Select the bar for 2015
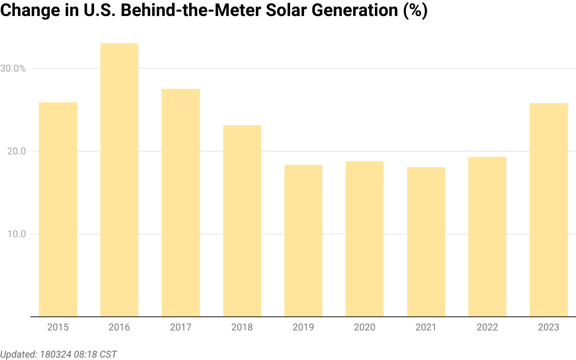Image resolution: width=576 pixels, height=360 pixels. coord(58,210)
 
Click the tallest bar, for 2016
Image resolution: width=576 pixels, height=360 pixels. coord(119,180)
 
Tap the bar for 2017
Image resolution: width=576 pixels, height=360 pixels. coord(181,203)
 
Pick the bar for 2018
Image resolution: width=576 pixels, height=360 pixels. coord(242,221)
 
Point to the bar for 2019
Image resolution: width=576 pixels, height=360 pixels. coord(303,241)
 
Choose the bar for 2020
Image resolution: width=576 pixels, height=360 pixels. coord(364,239)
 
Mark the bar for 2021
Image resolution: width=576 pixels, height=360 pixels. coord(426,242)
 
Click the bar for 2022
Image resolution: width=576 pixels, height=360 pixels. coord(487,237)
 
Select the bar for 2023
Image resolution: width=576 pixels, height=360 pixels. coord(548,210)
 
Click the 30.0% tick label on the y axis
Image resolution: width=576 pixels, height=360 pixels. coord(13,68)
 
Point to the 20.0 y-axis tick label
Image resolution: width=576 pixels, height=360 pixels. coord(16,151)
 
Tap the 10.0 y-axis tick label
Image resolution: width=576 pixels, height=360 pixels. coord(16,234)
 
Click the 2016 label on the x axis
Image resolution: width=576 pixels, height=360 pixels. coord(119,327)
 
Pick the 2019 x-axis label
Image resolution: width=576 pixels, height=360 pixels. coord(303,327)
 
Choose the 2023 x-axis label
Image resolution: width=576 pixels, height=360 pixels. coord(548,327)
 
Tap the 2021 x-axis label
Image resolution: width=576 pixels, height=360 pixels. coord(426,327)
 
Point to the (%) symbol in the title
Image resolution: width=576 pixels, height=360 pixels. coord(415,10)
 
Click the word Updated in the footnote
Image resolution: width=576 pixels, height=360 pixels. coord(18,354)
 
